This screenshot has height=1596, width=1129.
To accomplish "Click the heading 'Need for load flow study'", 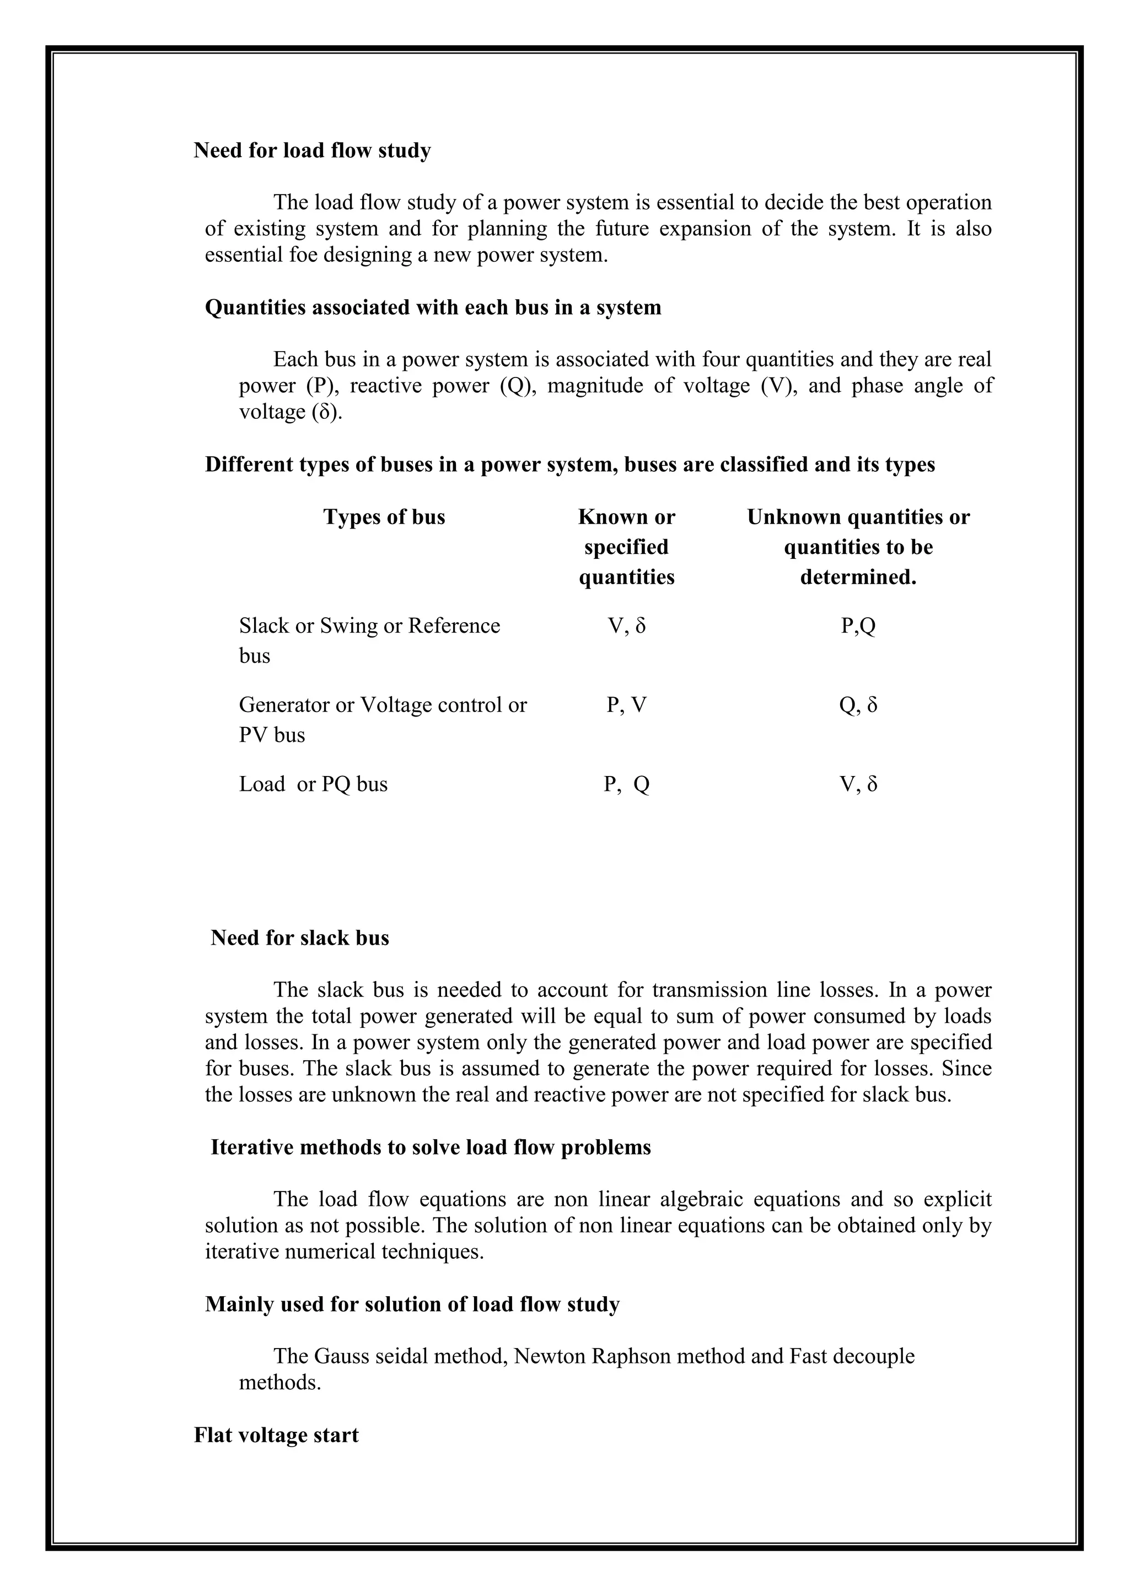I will point(312,151).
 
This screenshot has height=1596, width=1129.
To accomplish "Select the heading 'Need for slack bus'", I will point(300,938).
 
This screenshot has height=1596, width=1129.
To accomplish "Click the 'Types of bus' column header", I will point(384,517).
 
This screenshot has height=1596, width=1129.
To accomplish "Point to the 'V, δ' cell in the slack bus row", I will point(626,626).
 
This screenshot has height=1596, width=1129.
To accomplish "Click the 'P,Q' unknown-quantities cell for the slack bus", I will point(858,626).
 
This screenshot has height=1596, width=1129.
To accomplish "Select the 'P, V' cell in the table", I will point(626,705).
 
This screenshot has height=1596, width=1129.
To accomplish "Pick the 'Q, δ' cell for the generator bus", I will point(858,705).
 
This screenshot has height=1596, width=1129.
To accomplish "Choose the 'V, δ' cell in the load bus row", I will point(858,784).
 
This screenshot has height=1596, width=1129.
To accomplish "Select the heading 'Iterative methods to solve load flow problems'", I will point(431,1147).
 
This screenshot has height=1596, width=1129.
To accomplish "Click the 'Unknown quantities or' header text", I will point(858,517).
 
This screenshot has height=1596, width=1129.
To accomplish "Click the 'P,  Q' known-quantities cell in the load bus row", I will point(626,784).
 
